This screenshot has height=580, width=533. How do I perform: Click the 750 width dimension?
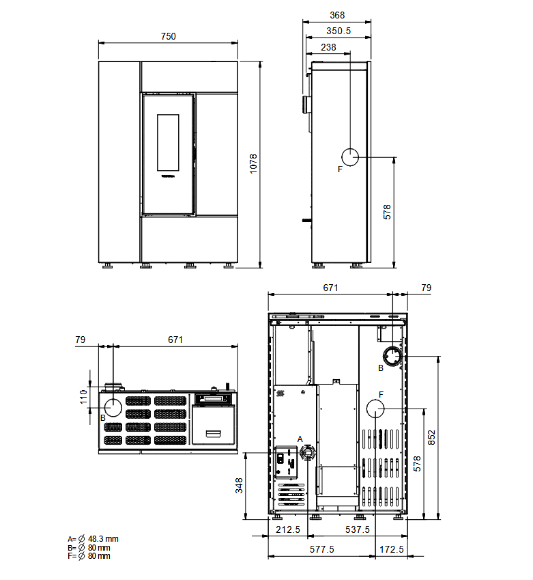[168, 36]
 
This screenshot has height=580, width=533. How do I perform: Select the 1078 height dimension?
[253, 164]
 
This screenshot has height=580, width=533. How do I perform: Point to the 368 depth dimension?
[337, 15]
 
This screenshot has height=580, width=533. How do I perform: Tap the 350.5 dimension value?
[338, 31]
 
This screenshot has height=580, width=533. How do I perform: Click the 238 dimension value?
[328, 47]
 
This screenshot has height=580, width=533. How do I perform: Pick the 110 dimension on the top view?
[83, 397]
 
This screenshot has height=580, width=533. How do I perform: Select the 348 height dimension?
[239, 486]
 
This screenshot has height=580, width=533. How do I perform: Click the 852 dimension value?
[431, 438]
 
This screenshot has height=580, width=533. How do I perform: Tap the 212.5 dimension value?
[288, 529]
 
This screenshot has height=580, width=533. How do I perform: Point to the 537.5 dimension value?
[358, 529]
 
